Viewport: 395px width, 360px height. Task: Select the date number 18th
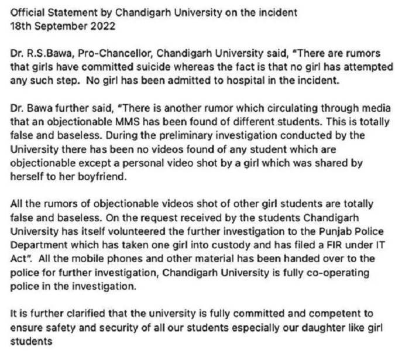pos(20,26)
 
